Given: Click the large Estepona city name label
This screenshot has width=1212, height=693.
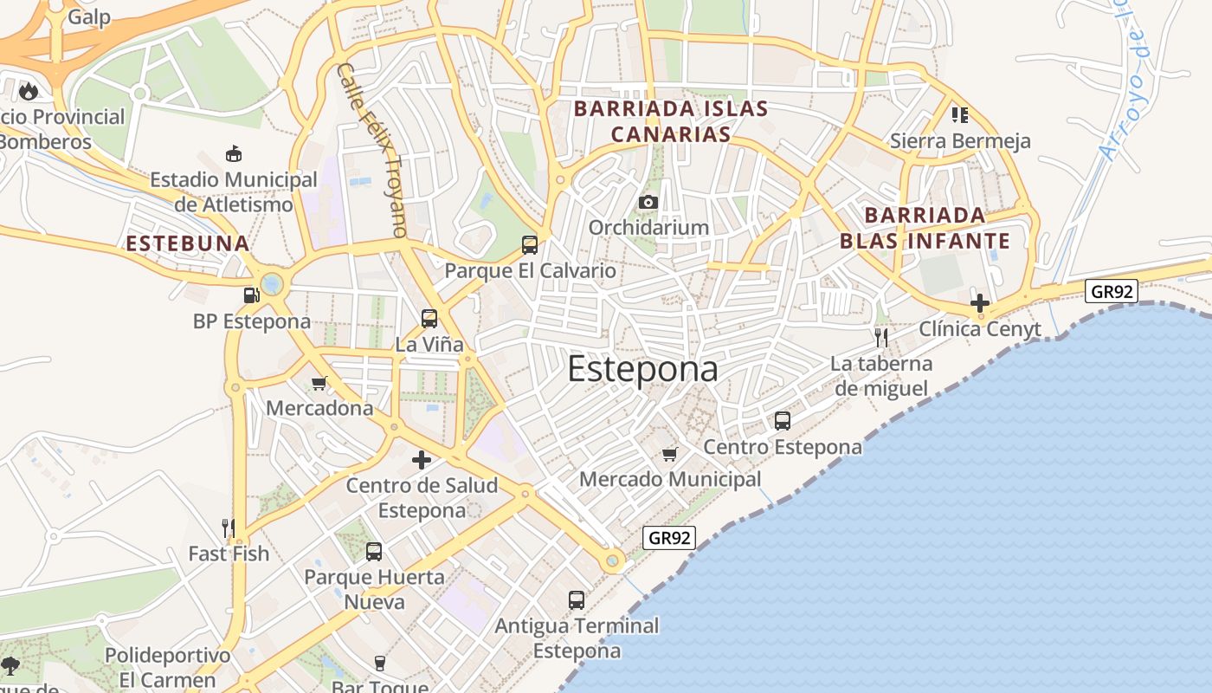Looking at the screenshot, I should [642, 370].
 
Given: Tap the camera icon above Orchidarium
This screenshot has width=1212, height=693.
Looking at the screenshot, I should [648, 202].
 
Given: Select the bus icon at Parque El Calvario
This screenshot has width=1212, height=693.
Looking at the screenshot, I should [530, 245].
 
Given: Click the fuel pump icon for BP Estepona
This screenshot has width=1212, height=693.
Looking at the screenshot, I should [251, 295].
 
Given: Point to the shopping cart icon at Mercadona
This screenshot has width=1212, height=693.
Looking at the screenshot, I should [319, 383].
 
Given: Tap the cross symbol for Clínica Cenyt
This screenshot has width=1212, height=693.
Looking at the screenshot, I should [979, 303].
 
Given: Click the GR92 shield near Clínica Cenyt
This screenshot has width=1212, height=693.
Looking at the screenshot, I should [1112, 291].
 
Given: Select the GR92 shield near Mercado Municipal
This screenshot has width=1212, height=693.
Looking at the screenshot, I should [670, 538].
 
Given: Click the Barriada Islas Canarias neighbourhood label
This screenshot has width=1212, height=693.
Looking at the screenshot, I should [671, 121].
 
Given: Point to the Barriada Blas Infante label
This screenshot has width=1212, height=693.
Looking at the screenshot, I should [925, 228].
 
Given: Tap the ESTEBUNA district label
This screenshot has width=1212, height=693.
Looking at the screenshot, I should [188, 243].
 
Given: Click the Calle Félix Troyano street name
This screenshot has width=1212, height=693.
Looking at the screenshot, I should [372, 149].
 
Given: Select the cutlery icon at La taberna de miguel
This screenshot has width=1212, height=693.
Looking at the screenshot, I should [881, 337].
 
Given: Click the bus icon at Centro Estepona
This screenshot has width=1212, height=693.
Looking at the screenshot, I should [783, 421].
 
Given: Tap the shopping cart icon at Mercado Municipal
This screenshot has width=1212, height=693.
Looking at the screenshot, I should [669, 454].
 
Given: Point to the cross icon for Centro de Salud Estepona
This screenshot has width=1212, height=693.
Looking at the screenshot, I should [422, 460].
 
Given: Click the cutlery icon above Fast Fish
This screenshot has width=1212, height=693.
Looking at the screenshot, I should [229, 528].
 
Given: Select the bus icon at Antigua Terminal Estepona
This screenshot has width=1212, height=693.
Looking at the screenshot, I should [577, 599].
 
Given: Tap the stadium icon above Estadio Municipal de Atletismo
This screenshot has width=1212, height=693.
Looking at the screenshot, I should [233, 154].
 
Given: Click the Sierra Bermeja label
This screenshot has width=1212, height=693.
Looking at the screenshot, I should [960, 140].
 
